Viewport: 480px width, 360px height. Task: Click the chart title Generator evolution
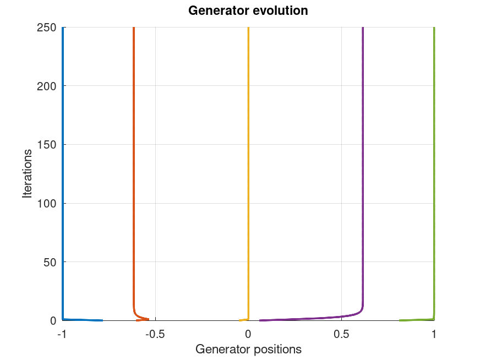248,10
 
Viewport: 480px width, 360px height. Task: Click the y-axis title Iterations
28,174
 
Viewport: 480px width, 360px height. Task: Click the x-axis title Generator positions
248,349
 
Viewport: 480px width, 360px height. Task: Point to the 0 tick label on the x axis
248,334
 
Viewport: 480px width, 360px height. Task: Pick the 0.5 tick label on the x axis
341,334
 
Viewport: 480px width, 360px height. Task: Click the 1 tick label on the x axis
434,334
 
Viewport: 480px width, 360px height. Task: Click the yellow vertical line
248,165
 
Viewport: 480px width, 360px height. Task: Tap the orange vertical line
134,165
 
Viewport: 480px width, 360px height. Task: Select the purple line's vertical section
363,165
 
